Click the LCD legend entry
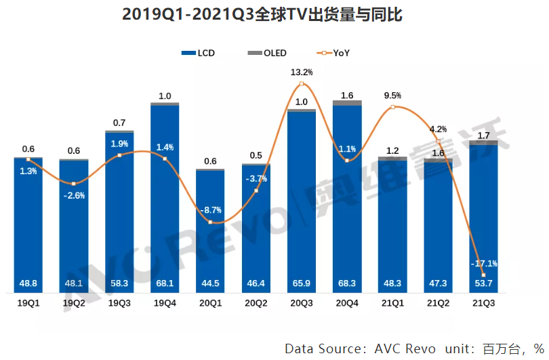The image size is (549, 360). pyautogui.click(x=199, y=53)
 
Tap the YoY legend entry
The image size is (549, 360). pyautogui.click(x=333, y=53)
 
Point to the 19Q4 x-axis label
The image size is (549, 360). pyautogui.click(x=165, y=304)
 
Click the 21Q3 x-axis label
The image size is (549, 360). pyautogui.click(x=483, y=304)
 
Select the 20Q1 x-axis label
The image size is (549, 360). pyautogui.click(x=210, y=304)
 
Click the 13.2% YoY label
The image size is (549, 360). pyautogui.click(x=302, y=72)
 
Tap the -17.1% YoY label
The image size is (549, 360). pyautogui.click(x=484, y=264)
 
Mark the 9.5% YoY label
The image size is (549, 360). pyautogui.click(x=392, y=96)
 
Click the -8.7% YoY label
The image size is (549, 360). pyautogui.click(x=210, y=210)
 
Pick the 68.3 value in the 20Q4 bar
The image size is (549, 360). pyautogui.click(x=347, y=283)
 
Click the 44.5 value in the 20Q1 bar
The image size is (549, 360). pyautogui.click(x=210, y=283)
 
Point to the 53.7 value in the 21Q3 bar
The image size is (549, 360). pyautogui.click(x=484, y=283)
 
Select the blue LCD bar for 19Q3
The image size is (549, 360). pyautogui.click(x=119, y=217)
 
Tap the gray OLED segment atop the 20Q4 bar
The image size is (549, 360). pyautogui.click(x=347, y=103)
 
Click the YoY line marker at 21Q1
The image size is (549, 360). pyautogui.click(x=392, y=107)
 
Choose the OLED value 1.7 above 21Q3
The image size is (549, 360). pyautogui.click(x=484, y=136)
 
